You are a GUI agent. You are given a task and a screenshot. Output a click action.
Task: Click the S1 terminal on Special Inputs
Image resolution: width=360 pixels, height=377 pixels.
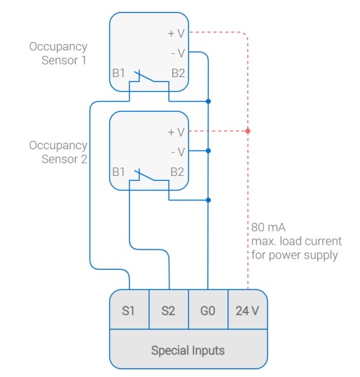pyautogui.click(x=129, y=310)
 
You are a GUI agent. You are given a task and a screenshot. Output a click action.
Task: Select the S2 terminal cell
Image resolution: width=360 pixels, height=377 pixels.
pyautogui.click(x=169, y=310)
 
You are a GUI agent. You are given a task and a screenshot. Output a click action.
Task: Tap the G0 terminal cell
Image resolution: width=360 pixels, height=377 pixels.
pyautogui.click(x=208, y=310)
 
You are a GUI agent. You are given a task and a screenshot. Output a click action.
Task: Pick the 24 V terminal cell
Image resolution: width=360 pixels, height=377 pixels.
pyautogui.click(x=248, y=310)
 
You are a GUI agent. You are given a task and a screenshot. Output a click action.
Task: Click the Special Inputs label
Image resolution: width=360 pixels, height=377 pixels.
pyautogui.click(x=188, y=350)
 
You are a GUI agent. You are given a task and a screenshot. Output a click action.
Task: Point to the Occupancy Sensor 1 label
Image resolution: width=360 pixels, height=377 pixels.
pyautogui.click(x=58, y=53)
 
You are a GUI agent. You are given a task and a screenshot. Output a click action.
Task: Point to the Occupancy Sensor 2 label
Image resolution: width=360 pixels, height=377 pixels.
pyautogui.click(x=58, y=152)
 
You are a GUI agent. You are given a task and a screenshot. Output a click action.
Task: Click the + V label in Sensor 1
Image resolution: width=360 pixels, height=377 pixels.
pyautogui.click(x=176, y=32)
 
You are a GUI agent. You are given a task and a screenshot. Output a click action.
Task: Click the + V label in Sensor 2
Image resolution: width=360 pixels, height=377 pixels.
pyautogui.click(x=176, y=131)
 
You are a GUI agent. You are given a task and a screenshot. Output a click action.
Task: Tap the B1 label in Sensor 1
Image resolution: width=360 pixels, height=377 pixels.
pyautogui.click(x=118, y=72)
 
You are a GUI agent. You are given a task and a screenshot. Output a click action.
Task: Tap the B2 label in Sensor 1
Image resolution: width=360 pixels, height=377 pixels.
pyautogui.click(x=178, y=72)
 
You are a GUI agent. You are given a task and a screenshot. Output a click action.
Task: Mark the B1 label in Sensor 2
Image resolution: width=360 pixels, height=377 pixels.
pyautogui.click(x=118, y=171)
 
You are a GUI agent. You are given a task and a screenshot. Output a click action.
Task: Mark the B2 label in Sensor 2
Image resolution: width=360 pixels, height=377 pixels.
pyautogui.click(x=178, y=171)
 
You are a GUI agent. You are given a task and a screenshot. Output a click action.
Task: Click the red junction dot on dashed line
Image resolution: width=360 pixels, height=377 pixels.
pyautogui.click(x=248, y=131)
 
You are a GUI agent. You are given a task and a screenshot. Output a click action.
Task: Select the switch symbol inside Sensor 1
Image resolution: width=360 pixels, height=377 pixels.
pyautogui.click(x=148, y=76)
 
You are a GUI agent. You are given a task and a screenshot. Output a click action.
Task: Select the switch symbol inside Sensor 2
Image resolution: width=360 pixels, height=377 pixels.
pyautogui.click(x=148, y=175)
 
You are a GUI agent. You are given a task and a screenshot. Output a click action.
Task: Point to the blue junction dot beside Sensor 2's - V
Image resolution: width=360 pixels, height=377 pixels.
pyautogui.click(x=208, y=151)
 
